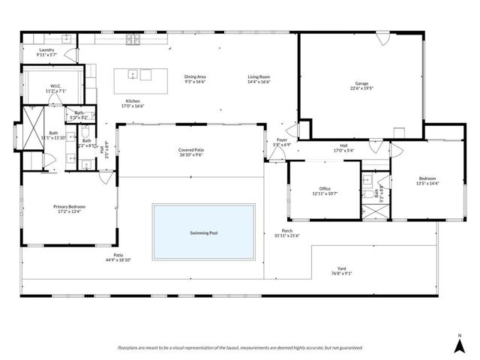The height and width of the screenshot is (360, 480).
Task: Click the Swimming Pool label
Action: (205, 233)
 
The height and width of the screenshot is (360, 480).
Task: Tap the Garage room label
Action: (363, 83)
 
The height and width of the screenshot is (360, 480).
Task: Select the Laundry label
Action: (46, 50)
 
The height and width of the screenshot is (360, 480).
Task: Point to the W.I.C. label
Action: (55, 86)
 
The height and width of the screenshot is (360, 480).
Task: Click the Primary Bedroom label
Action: (68, 207)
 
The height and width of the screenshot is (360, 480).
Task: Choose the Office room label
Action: (325, 188)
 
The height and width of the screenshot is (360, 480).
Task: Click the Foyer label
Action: (282, 139)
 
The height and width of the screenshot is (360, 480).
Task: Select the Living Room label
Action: (259, 76)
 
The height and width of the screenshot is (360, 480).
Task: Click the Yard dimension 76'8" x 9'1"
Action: (341, 274)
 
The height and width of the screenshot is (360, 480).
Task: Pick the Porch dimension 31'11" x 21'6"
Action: (286, 235)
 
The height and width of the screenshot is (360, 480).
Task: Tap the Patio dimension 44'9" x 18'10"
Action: (118, 260)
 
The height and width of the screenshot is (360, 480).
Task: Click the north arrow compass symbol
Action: (460, 343)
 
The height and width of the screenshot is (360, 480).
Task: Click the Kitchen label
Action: (133, 101)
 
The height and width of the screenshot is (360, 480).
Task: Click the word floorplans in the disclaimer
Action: (130, 348)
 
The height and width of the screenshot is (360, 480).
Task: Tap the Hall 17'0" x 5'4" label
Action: (343, 146)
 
